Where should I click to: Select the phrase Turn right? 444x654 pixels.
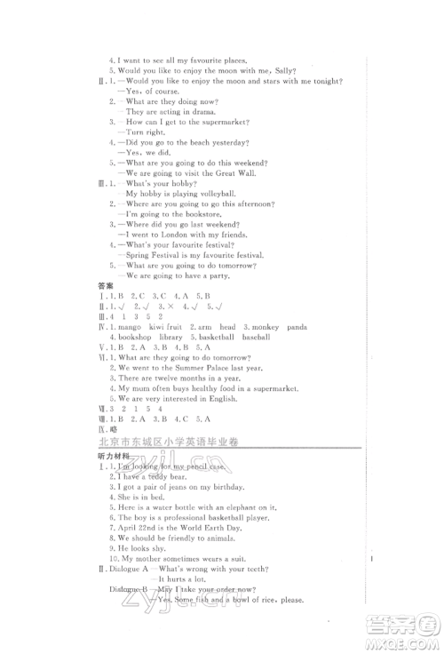click(150, 132)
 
